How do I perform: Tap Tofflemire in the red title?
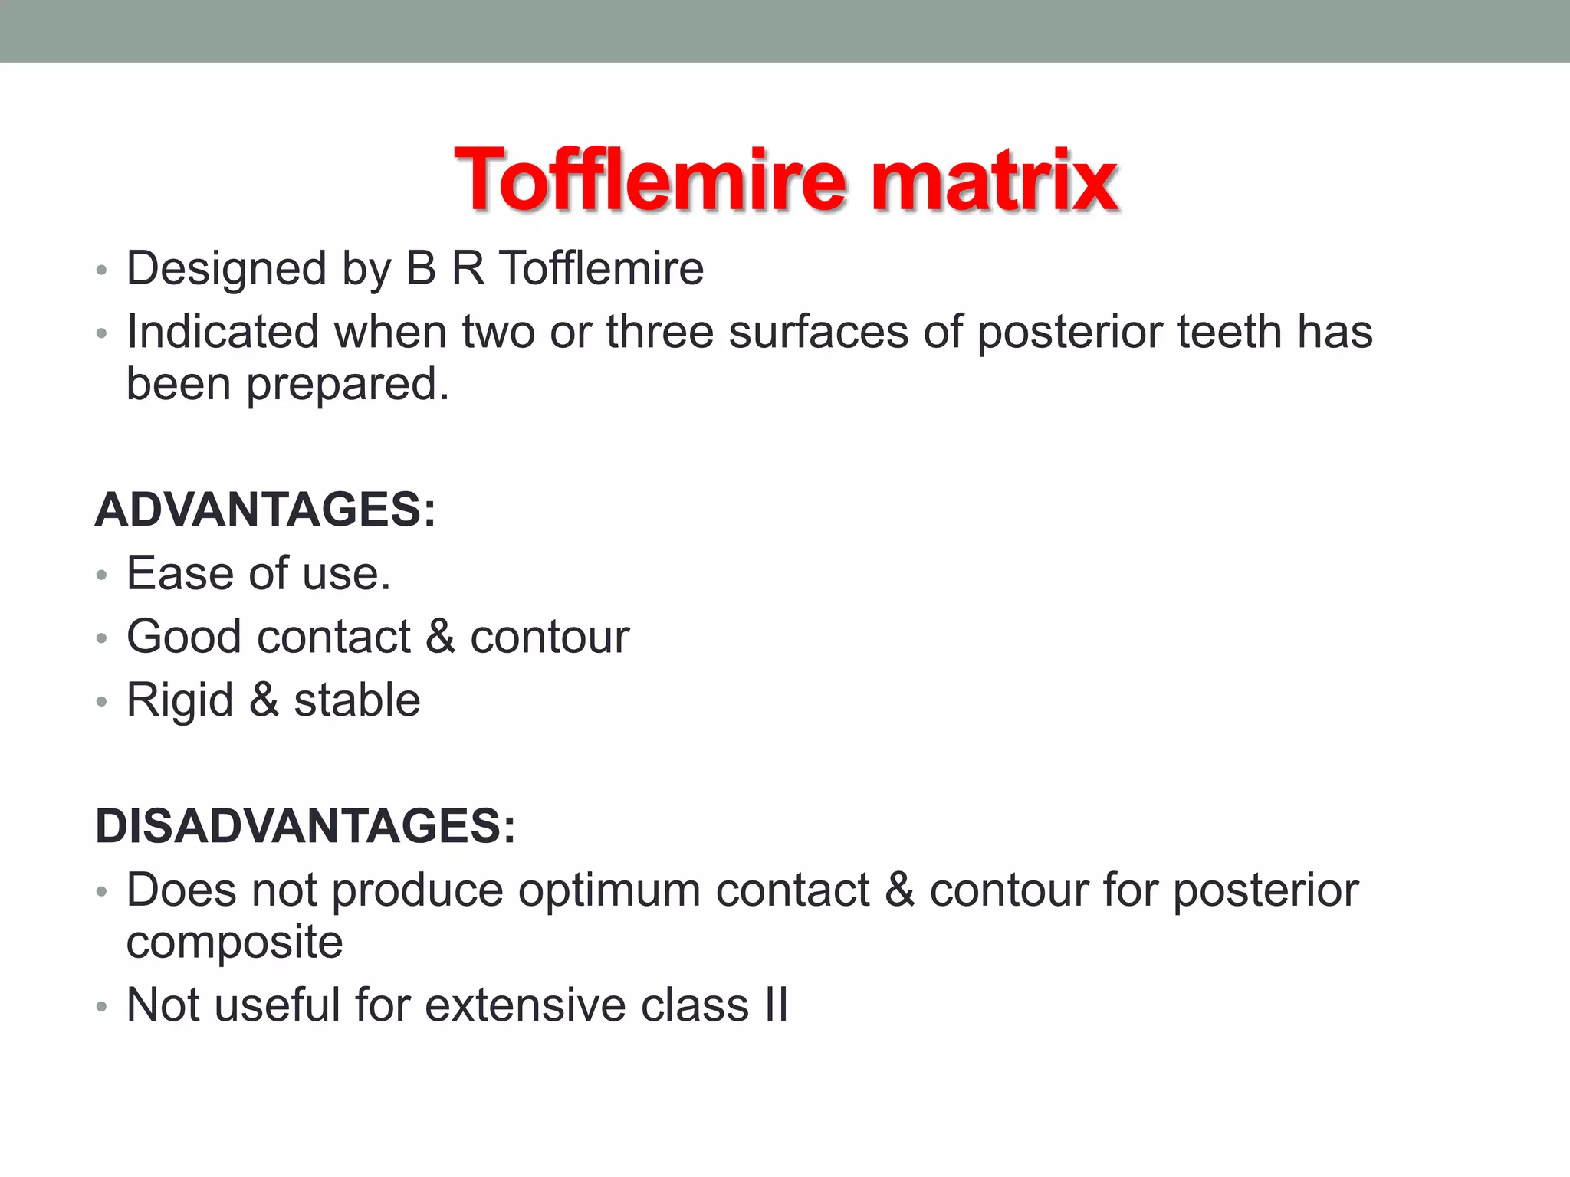click(650, 181)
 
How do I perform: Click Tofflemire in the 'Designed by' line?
click(602, 269)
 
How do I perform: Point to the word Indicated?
click(222, 332)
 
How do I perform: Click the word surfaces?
click(818, 332)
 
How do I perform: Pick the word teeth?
click(1230, 332)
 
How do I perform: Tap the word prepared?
click(347, 384)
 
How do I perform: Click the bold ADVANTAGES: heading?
click(265, 510)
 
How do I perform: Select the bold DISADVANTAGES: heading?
click(305, 826)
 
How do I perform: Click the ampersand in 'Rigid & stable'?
click(264, 700)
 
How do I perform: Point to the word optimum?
click(609, 890)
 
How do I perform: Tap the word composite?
click(235, 942)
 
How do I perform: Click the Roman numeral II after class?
click(776, 1005)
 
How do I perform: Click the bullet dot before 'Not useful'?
click(101, 1007)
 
